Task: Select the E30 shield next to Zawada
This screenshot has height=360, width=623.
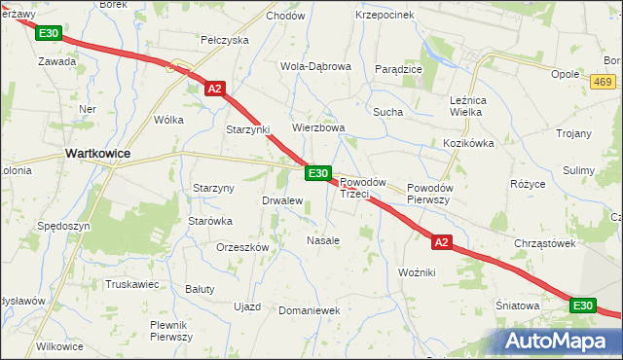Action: coord(50,33)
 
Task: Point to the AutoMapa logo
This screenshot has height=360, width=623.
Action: coord(558,342)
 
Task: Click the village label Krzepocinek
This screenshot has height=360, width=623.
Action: coord(385,15)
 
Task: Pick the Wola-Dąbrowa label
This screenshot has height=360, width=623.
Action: coord(315,66)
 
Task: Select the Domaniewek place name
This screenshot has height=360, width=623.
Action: coord(308,310)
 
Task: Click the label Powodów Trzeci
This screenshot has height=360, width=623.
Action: coord(364,188)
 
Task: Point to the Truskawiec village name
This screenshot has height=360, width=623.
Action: coord(132,284)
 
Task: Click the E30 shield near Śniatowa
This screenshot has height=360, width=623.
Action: coord(582,306)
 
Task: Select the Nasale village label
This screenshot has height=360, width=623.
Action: coord(323,239)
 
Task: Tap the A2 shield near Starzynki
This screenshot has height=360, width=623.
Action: coord(216,89)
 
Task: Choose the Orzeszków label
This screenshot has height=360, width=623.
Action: coord(242,247)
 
